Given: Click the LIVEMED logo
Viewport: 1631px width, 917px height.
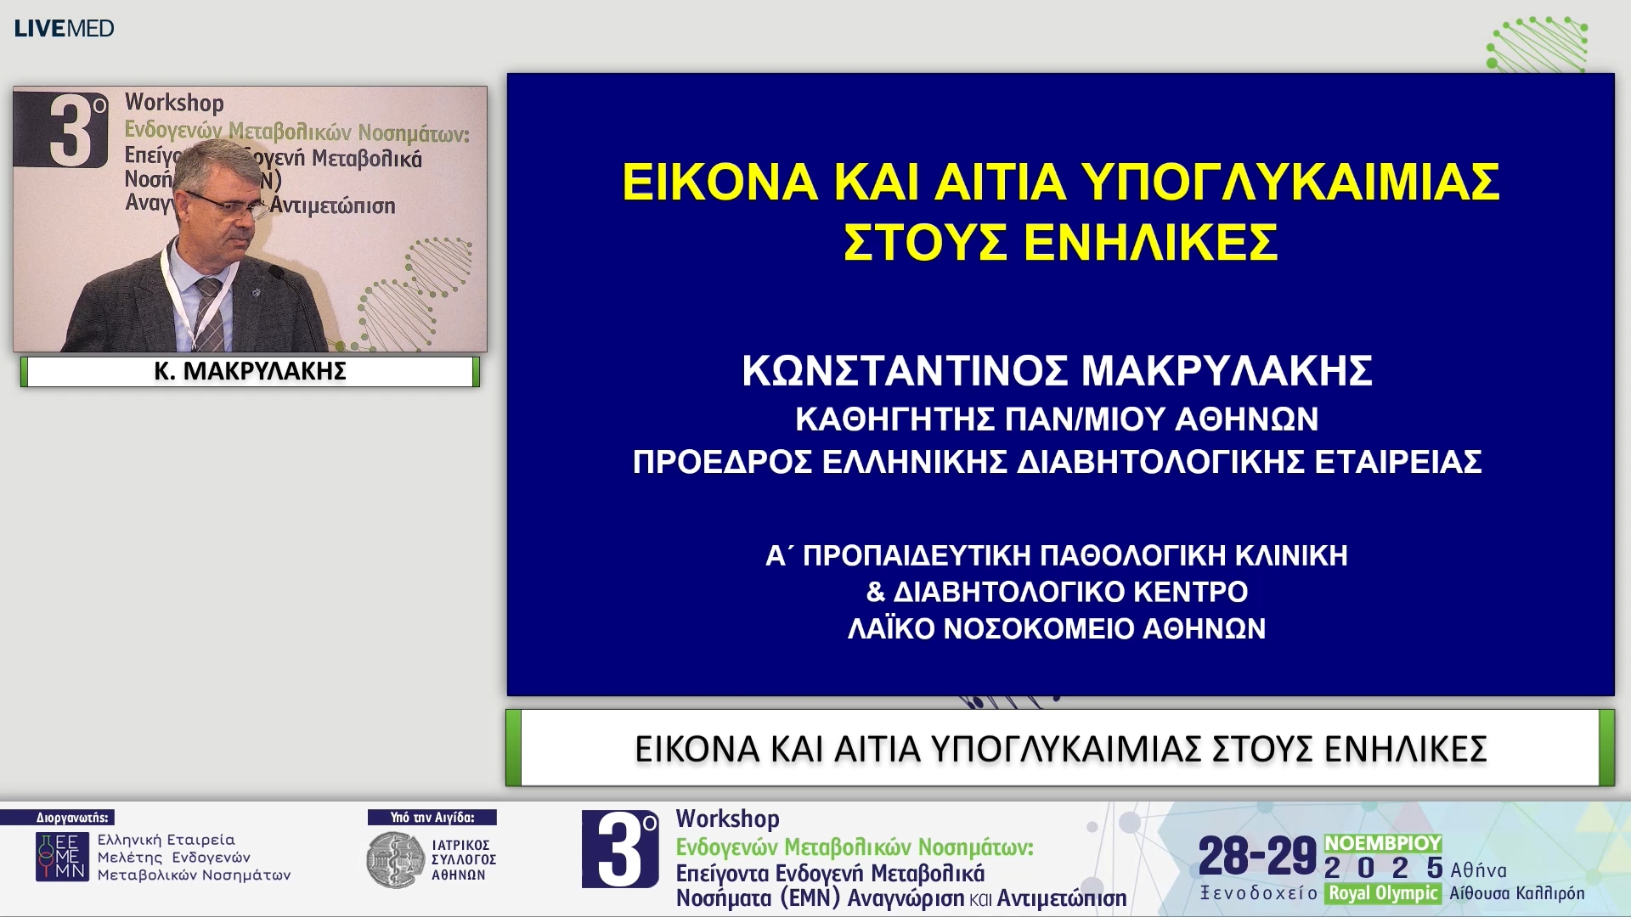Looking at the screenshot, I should coord(64,28).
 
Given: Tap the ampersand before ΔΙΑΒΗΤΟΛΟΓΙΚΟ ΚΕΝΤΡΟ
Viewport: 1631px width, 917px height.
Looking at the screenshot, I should coord(875,592).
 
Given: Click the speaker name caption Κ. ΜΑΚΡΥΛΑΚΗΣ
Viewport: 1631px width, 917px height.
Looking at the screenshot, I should coord(250,371).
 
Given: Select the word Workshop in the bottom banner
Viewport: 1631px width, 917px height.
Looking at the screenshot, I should coord(727,819).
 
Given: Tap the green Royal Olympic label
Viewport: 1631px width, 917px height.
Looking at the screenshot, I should coord(1383,893).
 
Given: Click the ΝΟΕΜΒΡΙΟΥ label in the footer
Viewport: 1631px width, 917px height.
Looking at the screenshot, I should coord(1383,843).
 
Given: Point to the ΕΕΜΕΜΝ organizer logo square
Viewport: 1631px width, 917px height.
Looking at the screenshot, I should coord(61,856).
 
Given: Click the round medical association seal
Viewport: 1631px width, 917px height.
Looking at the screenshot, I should coord(395,860).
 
